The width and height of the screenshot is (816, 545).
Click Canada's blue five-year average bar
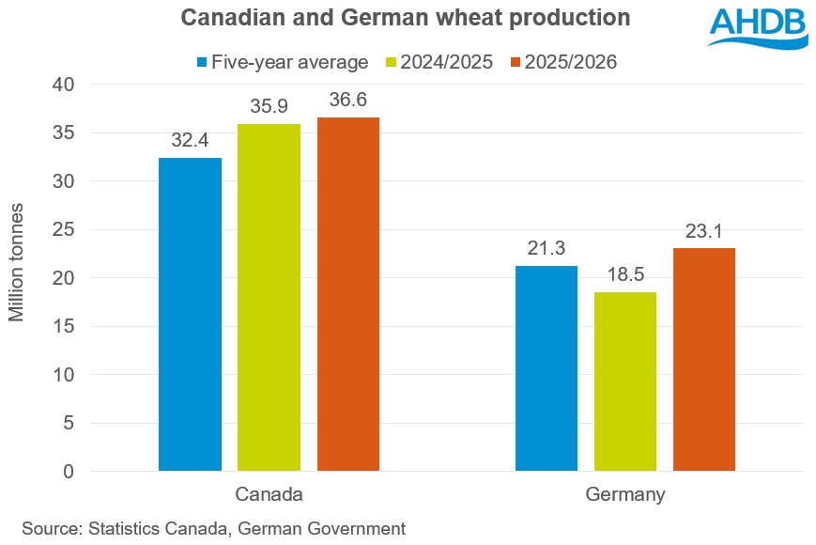190,314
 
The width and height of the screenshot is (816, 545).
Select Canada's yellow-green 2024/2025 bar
269,297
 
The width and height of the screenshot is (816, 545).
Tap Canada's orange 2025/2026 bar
347,293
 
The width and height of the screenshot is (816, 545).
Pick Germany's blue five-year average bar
547,367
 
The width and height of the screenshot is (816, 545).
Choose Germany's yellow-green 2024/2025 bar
625,381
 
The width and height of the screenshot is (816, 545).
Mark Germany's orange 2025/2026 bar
704,359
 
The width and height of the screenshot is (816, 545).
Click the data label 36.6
347,100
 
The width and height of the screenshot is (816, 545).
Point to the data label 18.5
625,274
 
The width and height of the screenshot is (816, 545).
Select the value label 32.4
190,140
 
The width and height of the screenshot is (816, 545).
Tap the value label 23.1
704,230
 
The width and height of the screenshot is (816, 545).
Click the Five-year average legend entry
282,62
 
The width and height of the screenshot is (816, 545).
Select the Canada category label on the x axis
269,494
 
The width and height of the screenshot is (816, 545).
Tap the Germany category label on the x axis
625,494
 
